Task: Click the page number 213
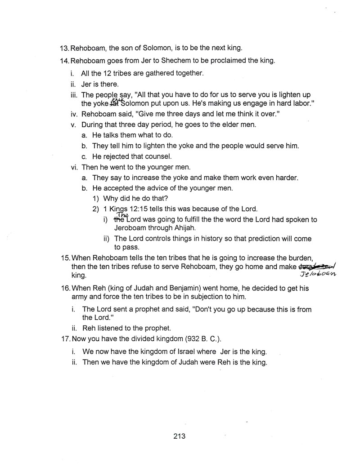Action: point(179,436)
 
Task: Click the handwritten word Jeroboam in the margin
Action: point(320,274)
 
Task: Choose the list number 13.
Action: point(64,48)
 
